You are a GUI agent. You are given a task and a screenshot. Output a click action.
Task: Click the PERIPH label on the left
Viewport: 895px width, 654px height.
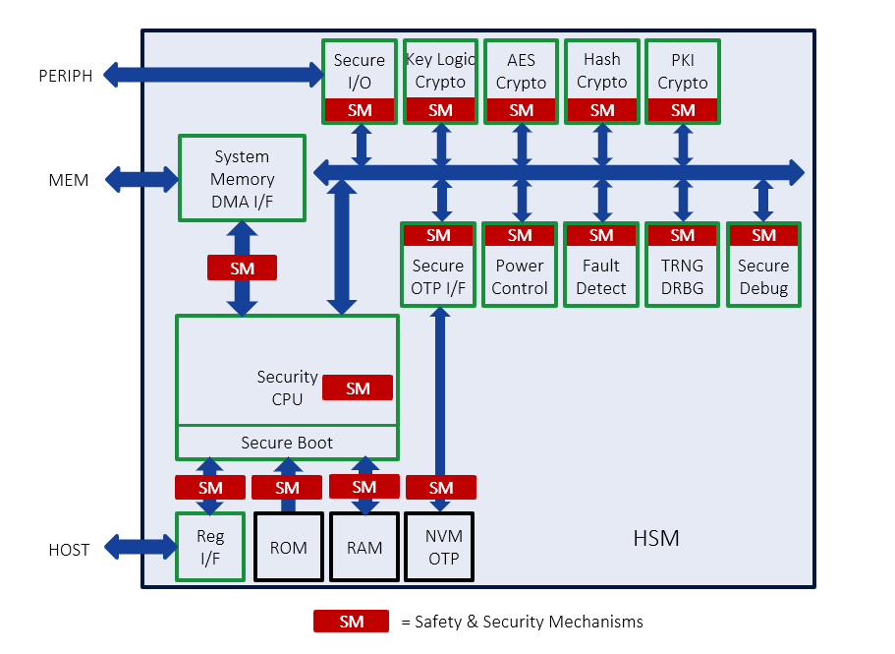click(65, 76)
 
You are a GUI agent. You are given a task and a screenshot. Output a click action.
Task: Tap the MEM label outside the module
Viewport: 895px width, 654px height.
click(69, 180)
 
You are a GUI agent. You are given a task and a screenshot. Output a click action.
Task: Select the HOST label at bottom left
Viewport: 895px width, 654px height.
click(69, 550)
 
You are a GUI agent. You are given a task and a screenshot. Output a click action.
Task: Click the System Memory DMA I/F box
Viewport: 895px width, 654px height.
click(242, 179)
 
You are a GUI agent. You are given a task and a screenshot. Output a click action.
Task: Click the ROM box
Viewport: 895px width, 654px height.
click(288, 547)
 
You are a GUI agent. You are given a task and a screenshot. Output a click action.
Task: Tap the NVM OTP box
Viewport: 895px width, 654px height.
click(440, 547)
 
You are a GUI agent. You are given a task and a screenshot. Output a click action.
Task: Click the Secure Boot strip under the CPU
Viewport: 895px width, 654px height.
click(287, 443)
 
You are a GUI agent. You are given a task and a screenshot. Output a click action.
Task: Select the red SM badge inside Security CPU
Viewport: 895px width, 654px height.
click(358, 388)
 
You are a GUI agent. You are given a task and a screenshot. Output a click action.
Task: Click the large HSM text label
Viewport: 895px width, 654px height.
click(656, 538)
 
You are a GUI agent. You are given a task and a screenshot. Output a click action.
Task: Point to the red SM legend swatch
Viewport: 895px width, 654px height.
click(351, 622)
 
